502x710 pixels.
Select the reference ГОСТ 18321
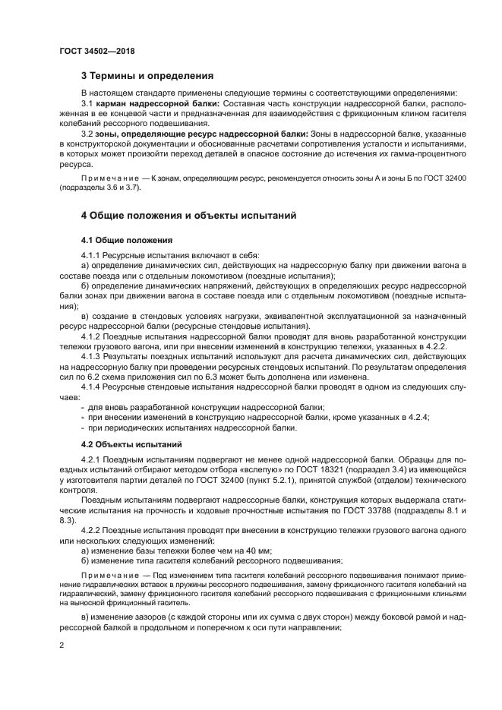click(274, 471)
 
